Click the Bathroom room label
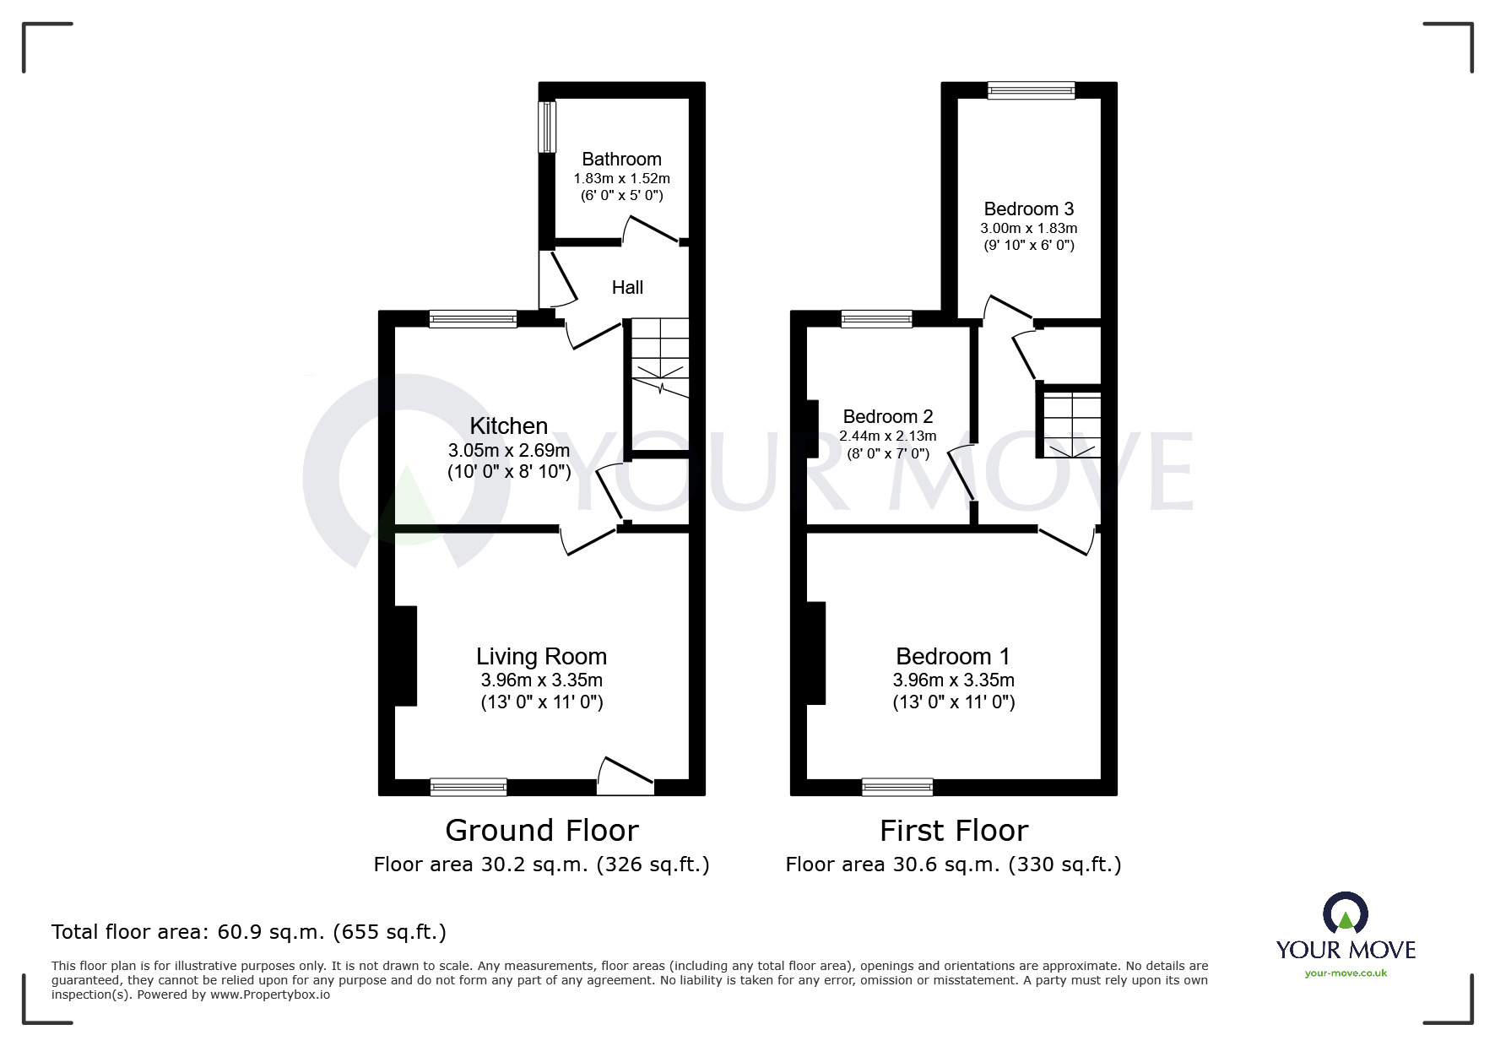621,159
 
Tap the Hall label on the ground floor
627,287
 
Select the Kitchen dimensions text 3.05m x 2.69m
508,451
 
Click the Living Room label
541,656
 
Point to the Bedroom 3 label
1028,209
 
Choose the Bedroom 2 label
888,416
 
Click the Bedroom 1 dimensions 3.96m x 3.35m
953,680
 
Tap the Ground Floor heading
541,831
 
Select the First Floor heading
953,831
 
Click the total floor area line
249,932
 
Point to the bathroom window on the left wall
547,127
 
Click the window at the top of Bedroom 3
1031,90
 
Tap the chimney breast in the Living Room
406,655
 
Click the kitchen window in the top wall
472,319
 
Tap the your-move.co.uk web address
1346,973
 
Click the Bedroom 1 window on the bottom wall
897,787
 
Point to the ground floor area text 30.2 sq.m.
541,864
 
